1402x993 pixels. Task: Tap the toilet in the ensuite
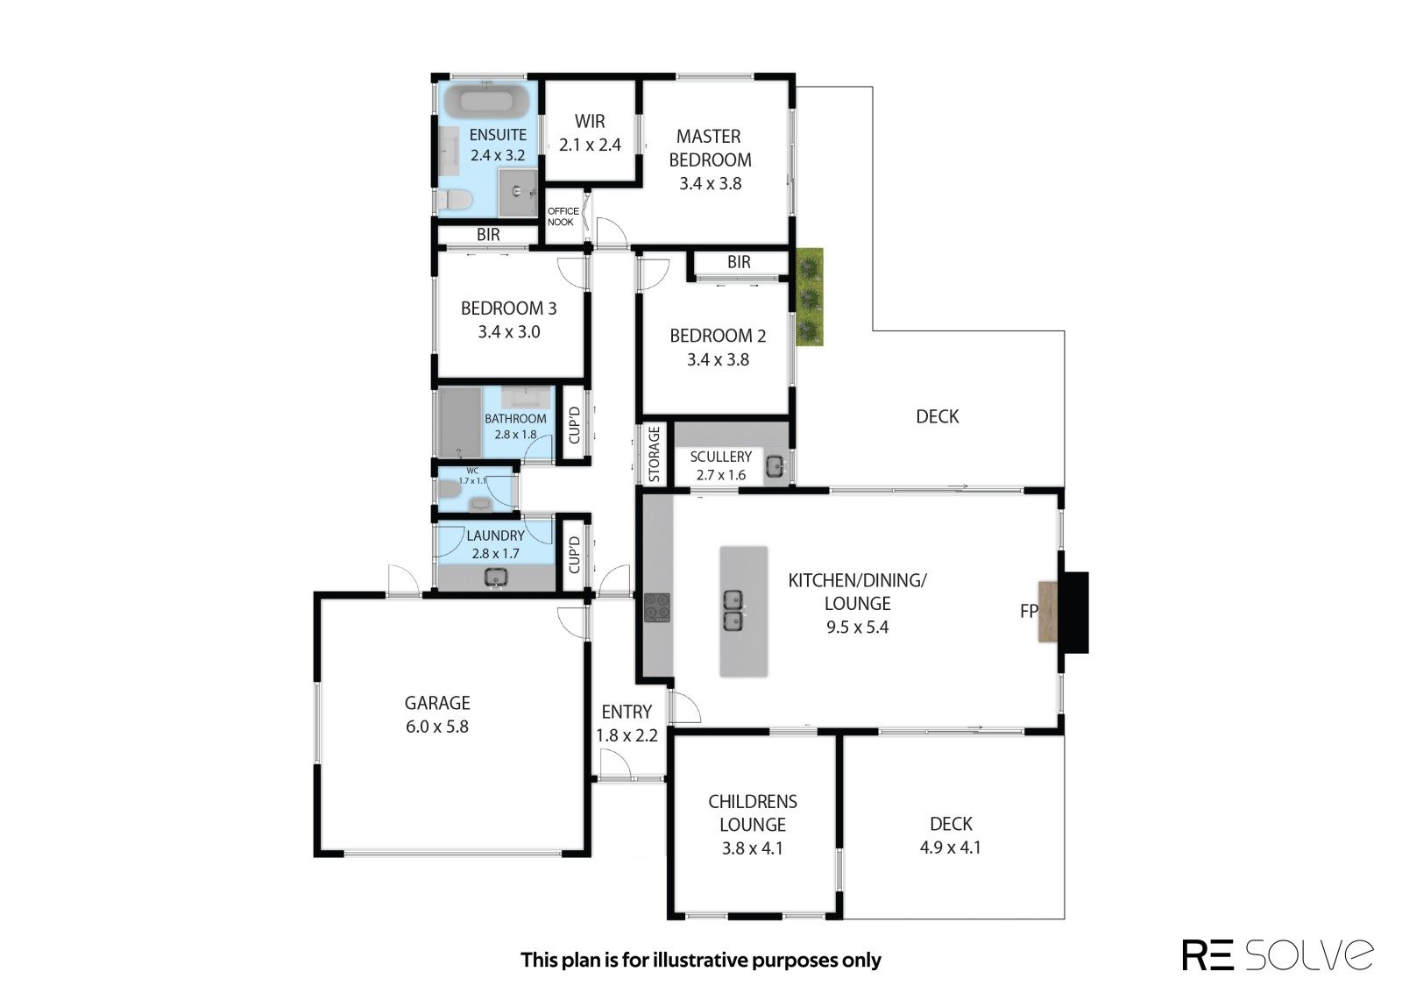(x=455, y=200)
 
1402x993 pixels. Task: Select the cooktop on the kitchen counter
(x=656, y=607)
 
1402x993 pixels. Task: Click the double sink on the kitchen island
(x=733, y=610)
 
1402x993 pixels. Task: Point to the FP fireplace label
(x=1029, y=611)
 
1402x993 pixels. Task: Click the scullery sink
(x=775, y=466)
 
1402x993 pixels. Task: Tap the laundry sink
(x=496, y=577)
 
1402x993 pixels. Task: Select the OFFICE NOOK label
(x=563, y=216)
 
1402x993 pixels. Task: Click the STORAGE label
(x=654, y=455)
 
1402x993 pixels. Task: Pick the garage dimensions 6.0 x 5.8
(x=437, y=727)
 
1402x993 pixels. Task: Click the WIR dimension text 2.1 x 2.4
(x=590, y=145)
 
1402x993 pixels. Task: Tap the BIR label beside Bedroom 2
(x=739, y=262)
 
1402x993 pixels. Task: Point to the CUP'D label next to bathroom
(x=574, y=425)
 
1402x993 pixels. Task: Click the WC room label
(x=472, y=471)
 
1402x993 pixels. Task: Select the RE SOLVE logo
(x=1278, y=955)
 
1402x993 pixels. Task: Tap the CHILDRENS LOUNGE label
(x=753, y=813)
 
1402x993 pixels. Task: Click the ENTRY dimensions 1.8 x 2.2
(x=627, y=735)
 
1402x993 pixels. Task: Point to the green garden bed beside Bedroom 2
(x=810, y=297)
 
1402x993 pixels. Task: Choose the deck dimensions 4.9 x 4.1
(x=950, y=848)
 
